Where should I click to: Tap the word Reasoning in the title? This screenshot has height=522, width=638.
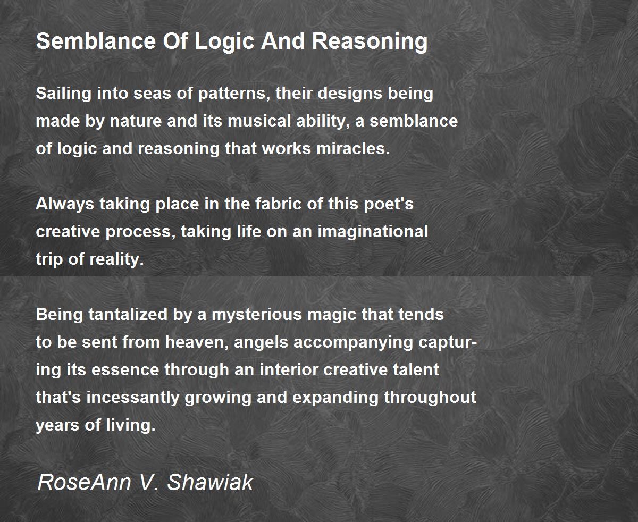tap(370, 43)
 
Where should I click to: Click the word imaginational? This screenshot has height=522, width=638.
tap(373, 232)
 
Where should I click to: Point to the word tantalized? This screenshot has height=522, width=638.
tap(128, 315)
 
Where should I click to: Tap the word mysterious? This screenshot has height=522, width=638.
tap(257, 315)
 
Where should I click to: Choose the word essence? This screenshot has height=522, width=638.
tap(125, 370)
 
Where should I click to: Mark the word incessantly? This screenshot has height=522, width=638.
tap(133, 398)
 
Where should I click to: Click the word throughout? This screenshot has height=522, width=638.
tap(430, 398)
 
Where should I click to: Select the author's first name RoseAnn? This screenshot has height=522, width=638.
tap(85, 482)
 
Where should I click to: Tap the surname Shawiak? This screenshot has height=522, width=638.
tap(210, 482)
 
